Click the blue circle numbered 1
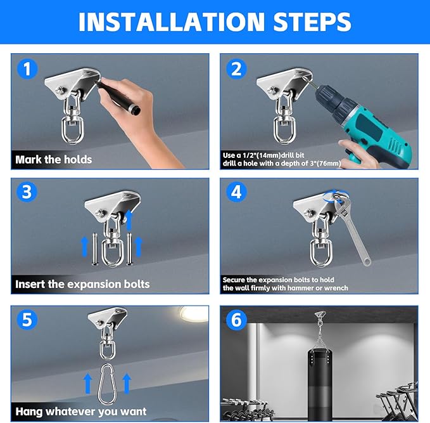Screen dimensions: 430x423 coord(27,68)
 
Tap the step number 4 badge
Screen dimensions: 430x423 coord(236,192)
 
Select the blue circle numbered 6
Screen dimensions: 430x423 coord(236,320)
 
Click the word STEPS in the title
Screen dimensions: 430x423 coord(312,22)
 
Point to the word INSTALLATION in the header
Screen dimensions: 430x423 coord(171,22)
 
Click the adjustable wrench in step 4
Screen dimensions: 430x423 coord(351,228)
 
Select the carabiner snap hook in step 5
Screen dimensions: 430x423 coord(107,384)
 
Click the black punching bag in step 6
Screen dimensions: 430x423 coord(319,384)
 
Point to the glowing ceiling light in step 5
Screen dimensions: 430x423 coord(194,314)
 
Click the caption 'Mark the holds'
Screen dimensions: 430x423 coord(54,160)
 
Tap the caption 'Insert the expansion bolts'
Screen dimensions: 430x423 coord(82,284)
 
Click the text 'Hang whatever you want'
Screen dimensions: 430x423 coord(81,412)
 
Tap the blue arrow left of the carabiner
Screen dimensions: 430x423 coord(87,384)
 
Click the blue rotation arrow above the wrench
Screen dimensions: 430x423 coord(336,195)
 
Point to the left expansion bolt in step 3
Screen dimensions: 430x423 coord(94,249)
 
